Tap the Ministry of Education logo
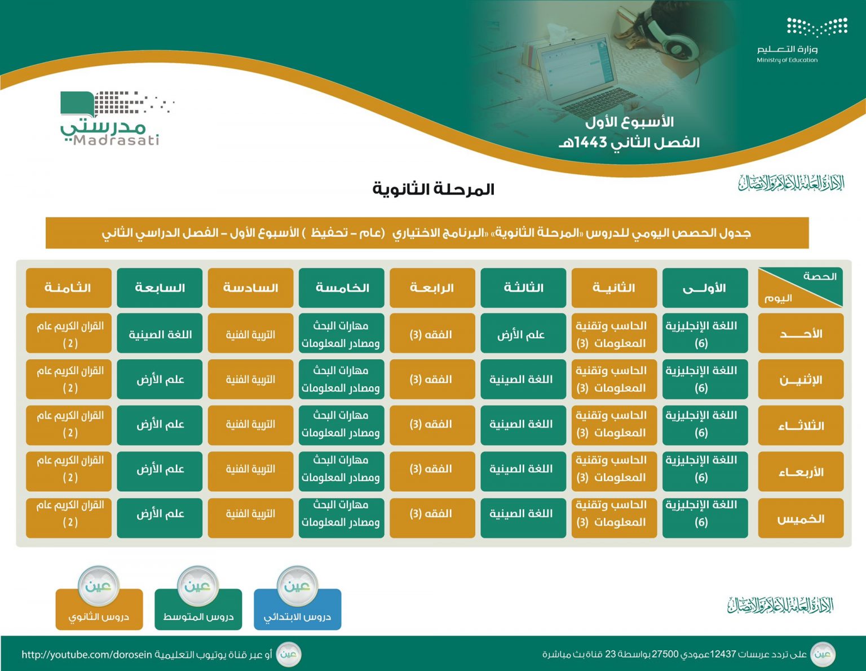[802, 40]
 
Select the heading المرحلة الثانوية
[433, 189]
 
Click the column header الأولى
[705, 288]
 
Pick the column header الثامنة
[69, 288]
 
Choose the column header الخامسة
[342, 288]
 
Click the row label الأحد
[801, 333]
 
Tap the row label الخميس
[801, 518]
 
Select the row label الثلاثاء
[801, 425]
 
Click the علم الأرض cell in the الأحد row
[523, 333]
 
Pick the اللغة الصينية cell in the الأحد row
[160, 333]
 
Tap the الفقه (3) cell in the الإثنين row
[432, 379]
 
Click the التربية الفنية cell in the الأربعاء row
[250, 471]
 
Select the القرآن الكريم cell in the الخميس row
[69, 518]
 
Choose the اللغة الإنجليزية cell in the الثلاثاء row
[705, 425]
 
